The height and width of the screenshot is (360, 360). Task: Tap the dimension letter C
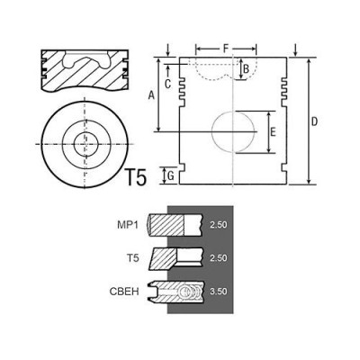click(x=169, y=84)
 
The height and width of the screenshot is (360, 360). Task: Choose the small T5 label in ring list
click(x=133, y=257)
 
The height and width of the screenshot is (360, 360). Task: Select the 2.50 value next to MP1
click(x=217, y=225)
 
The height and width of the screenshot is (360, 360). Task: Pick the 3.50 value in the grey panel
click(x=217, y=292)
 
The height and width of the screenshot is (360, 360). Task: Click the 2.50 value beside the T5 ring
click(x=217, y=258)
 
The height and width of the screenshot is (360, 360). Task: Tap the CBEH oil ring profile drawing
click(x=177, y=292)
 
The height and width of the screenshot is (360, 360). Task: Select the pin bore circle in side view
click(x=234, y=133)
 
